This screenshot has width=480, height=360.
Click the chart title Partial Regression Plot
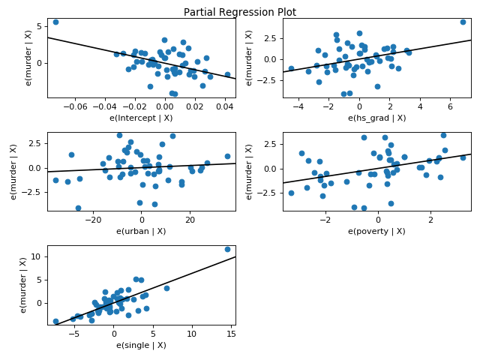click(240, 12)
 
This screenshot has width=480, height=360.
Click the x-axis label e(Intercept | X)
click(142, 118)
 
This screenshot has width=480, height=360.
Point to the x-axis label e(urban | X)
click(142, 231)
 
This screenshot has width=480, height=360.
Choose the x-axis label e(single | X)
click(142, 344)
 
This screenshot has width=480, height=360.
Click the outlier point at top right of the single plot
click(227, 249)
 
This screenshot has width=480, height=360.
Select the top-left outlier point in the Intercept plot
click(55, 22)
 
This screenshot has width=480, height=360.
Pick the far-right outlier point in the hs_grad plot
click(463, 22)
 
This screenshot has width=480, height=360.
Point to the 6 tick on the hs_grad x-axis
click(450, 107)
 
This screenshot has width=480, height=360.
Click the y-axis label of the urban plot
click(14, 171)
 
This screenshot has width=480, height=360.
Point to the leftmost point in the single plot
click(55, 321)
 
